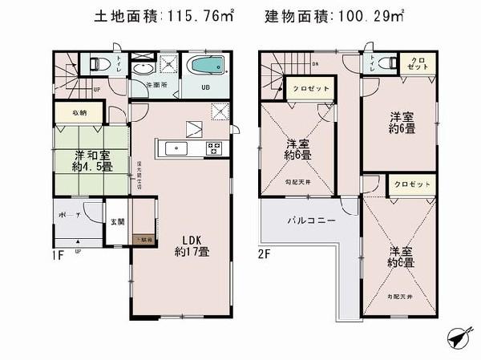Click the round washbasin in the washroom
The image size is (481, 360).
coord(141,69)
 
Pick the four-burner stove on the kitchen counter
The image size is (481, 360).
coord(214,148)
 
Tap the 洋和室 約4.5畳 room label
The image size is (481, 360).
coord(91,161)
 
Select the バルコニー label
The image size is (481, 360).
coord(301,218)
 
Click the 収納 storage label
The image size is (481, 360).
coord(79,114)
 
